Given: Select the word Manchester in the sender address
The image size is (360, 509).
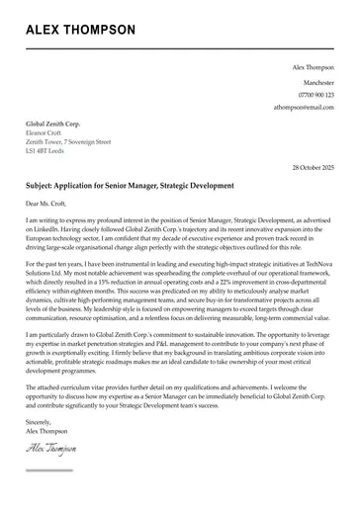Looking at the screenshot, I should (x=317, y=82).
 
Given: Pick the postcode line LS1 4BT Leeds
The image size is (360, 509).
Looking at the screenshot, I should (x=46, y=152).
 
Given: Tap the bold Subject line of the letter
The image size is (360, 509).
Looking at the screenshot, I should (x=130, y=186).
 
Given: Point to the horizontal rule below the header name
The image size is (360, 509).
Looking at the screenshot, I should (x=180, y=49).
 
